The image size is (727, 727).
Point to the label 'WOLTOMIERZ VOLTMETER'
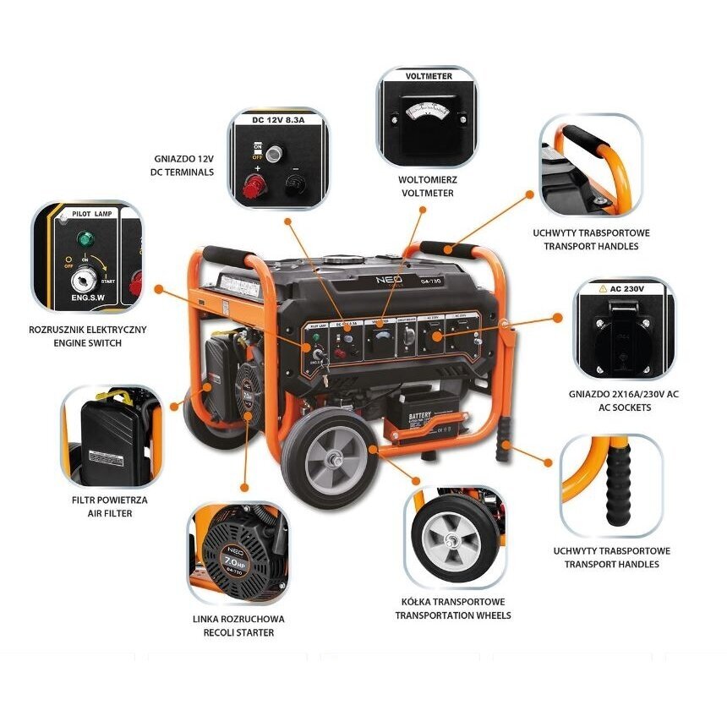coord(426,187)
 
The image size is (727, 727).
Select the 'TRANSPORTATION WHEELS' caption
coord(453,609)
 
